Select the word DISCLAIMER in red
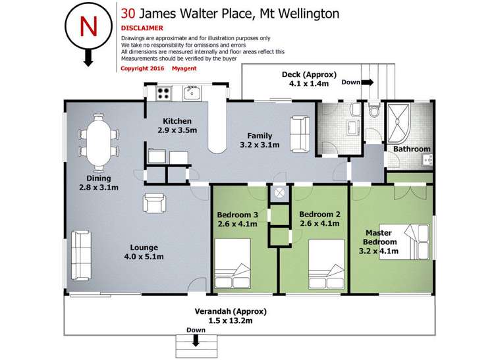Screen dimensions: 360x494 142,28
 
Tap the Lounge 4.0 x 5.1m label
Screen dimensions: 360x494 143,251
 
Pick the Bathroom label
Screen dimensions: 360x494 412,149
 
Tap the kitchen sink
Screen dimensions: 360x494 192,93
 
